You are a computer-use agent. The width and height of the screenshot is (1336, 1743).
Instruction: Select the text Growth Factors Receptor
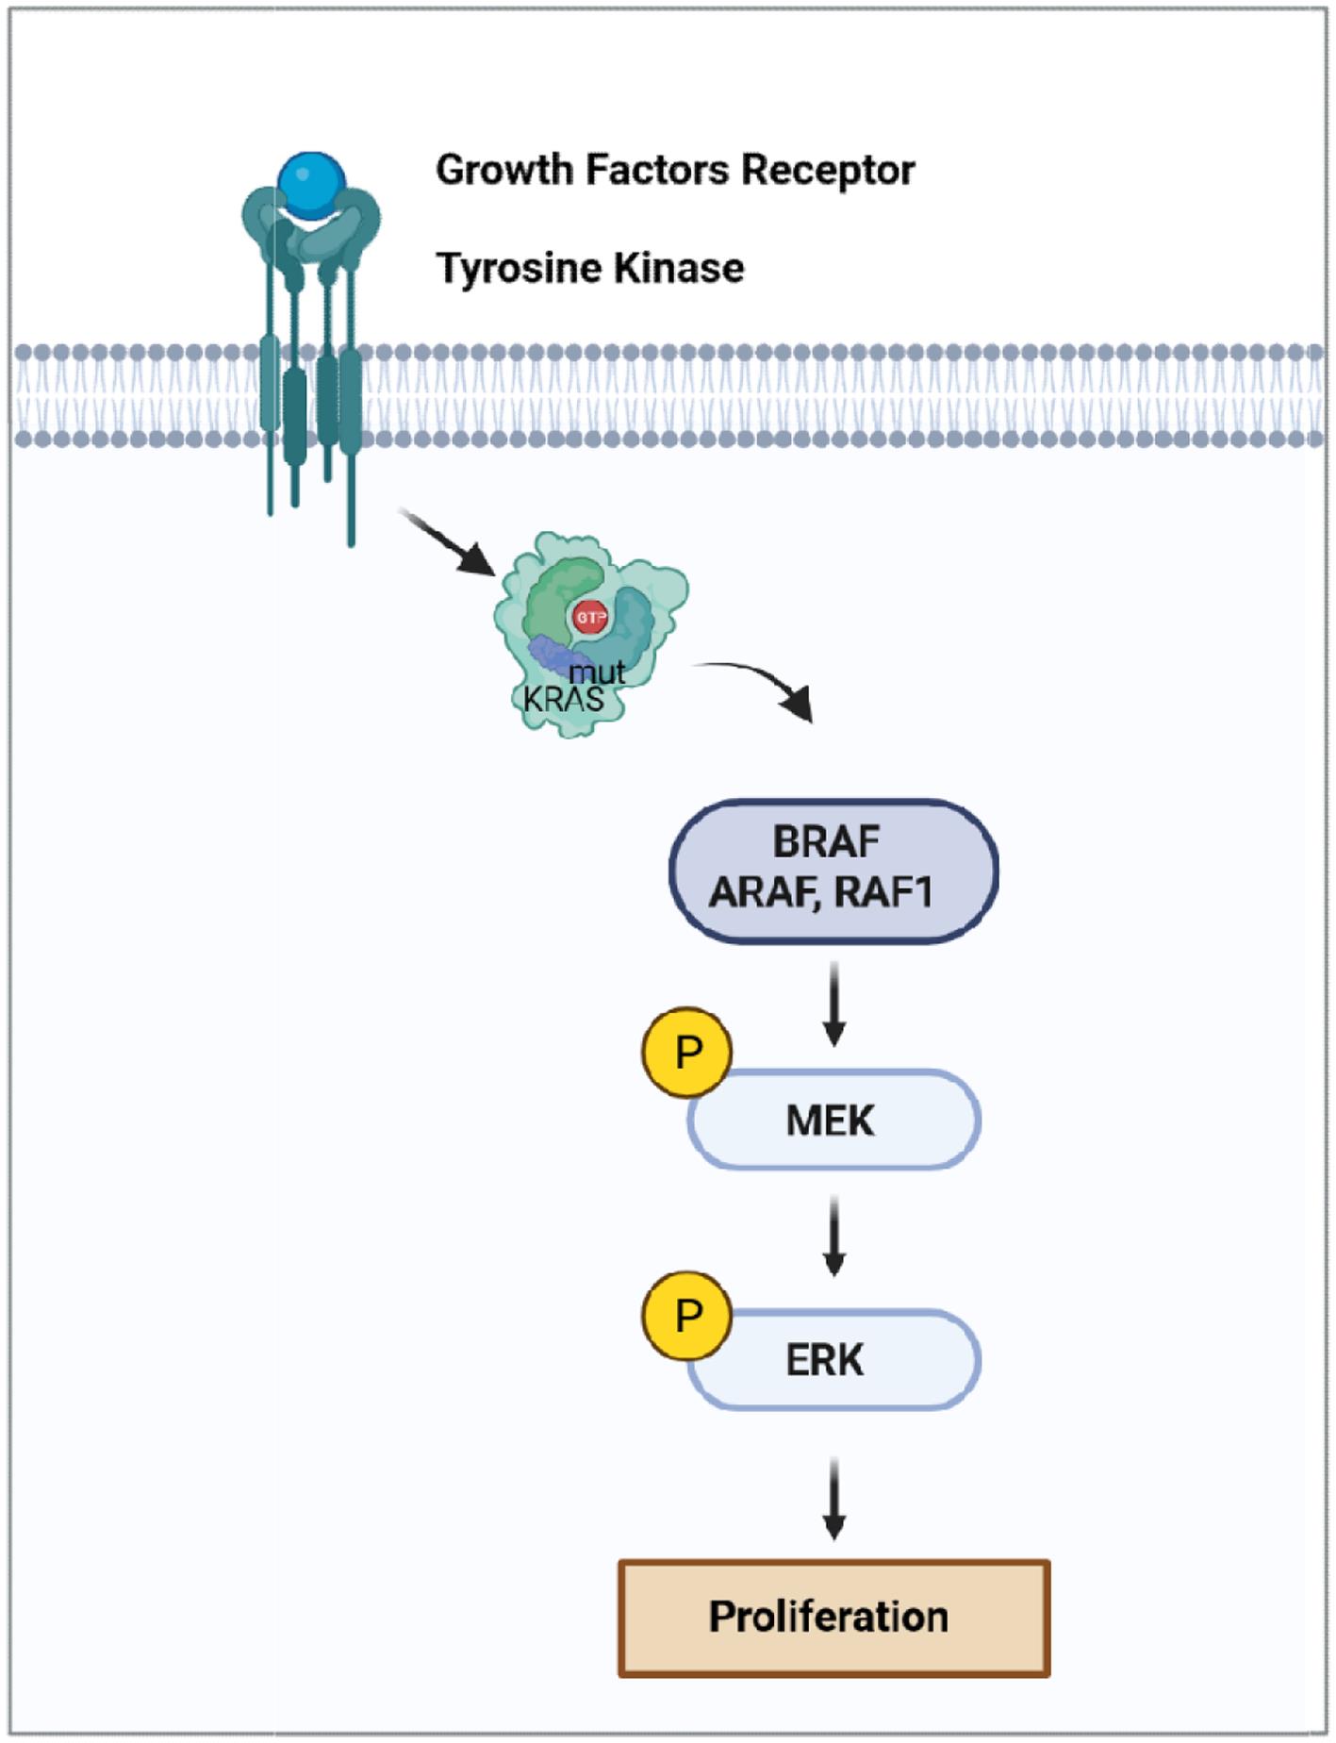675,171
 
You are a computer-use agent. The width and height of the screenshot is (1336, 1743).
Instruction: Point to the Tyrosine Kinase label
590,268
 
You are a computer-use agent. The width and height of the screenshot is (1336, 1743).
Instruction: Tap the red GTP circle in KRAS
591,618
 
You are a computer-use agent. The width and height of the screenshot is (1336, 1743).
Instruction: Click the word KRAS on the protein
563,699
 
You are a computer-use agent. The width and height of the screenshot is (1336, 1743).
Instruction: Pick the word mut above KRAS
597,672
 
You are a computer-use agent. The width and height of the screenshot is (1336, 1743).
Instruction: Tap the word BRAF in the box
826,842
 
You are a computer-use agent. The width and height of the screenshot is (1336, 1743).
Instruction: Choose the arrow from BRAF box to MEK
833,1004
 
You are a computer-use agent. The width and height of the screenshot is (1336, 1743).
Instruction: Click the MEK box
833,1120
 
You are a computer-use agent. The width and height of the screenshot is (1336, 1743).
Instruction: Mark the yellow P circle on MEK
687,1052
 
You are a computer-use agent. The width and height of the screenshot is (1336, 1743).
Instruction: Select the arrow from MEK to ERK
833,1236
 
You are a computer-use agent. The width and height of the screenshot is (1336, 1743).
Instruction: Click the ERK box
833,1360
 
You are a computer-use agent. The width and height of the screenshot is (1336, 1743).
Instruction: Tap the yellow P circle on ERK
687,1315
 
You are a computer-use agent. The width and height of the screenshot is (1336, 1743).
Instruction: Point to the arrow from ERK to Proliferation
833,1498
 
